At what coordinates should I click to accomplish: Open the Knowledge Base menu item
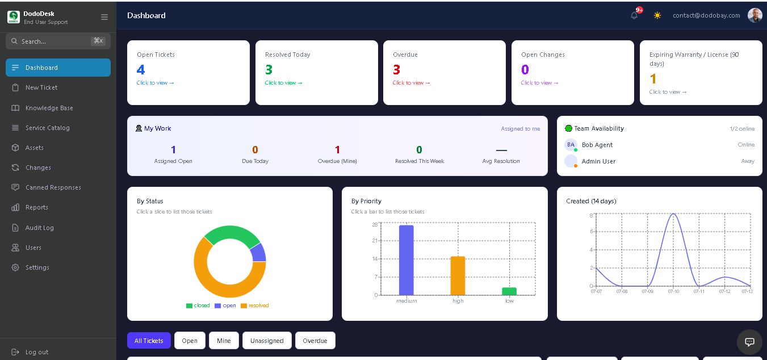pyautogui.click(x=49, y=108)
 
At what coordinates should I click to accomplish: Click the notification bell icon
pyautogui.click(x=634, y=15)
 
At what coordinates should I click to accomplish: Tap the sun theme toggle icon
pyautogui.click(x=657, y=15)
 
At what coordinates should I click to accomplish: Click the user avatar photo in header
pyautogui.click(x=755, y=15)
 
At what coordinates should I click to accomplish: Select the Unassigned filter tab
pyautogui.click(x=267, y=341)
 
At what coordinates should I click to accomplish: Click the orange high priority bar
pyautogui.click(x=458, y=275)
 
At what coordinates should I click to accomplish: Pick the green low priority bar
pyautogui.click(x=509, y=291)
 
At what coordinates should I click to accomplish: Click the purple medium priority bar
pyautogui.click(x=406, y=260)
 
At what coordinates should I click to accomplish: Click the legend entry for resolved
pyautogui.click(x=255, y=305)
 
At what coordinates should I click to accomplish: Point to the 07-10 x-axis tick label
pyautogui.click(x=673, y=291)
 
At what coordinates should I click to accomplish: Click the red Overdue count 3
pyautogui.click(x=396, y=70)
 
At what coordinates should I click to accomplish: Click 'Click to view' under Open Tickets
pyautogui.click(x=155, y=83)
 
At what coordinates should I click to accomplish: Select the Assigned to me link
pyautogui.click(x=520, y=129)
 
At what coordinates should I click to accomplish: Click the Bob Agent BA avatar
pyautogui.click(x=571, y=145)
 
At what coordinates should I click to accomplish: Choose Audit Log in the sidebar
pyautogui.click(x=39, y=228)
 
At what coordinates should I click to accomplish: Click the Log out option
pyautogui.click(x=37, y=352)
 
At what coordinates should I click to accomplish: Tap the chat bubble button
pyautogui.click(x=749, y=342)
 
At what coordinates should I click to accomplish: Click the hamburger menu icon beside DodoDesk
pyautogui.click(x=104, y=17)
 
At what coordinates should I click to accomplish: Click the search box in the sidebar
pyautogui.click(x=58, y=41)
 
